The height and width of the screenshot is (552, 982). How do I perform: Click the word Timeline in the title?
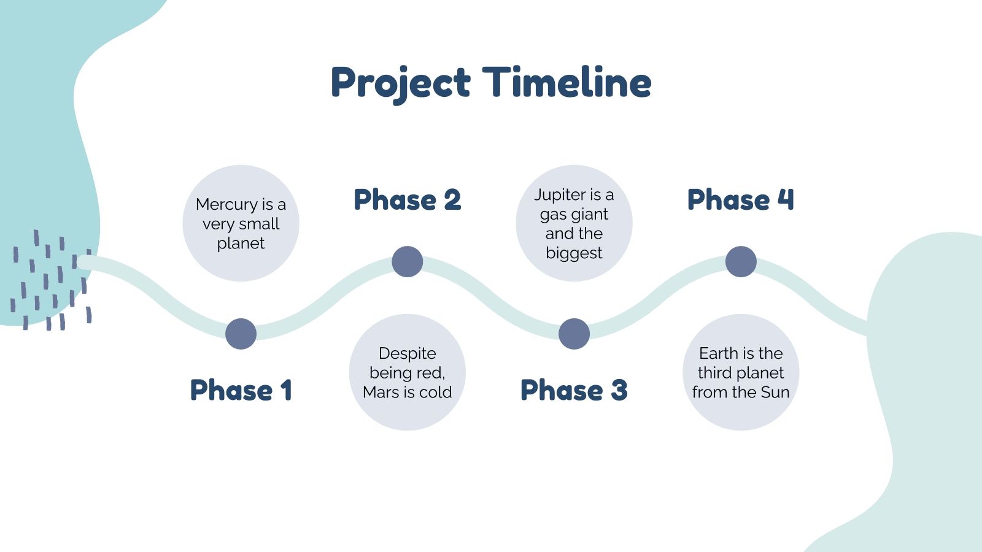coord(567,82)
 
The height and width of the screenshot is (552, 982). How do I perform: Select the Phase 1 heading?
coord(241,390)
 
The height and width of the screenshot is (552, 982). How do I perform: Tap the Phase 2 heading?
coord(408,200)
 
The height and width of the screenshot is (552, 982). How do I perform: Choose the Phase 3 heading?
coord(574,390)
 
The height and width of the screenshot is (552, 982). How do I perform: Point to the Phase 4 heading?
coord(740,200)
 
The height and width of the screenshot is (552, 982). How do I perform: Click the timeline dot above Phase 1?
coord(241,334)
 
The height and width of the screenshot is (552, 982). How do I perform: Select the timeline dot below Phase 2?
coord(408,261)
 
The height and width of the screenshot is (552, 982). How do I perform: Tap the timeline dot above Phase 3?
coord(574,334)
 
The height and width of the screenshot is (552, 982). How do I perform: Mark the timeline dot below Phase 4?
coord(741,261)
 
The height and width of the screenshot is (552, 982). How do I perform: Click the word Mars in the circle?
coord(380,392)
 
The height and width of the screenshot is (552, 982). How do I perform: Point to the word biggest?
coord(574,254)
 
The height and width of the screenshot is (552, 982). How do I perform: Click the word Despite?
coord(408,354)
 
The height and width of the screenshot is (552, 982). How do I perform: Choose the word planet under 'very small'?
coord(241,244)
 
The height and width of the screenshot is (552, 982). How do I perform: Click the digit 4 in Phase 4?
coord(786,200)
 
